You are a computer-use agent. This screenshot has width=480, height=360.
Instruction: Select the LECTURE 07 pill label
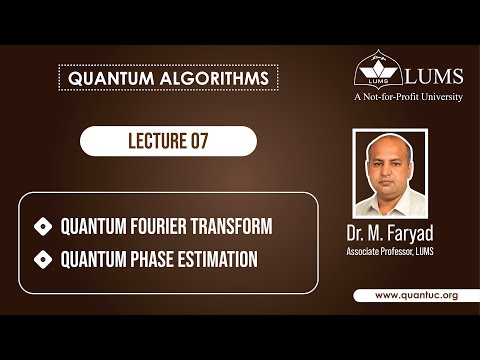point(168,141)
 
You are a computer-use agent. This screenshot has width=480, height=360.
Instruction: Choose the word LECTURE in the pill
point(150,141)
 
